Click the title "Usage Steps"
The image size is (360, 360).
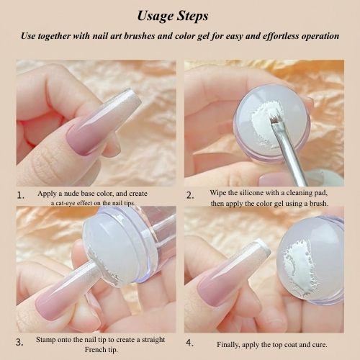click(173, 17)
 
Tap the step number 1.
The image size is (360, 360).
click(21, 196)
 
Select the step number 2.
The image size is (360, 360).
click(190, 196)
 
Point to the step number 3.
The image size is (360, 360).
click(19, 342)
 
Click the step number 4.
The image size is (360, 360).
click(189, 343)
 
